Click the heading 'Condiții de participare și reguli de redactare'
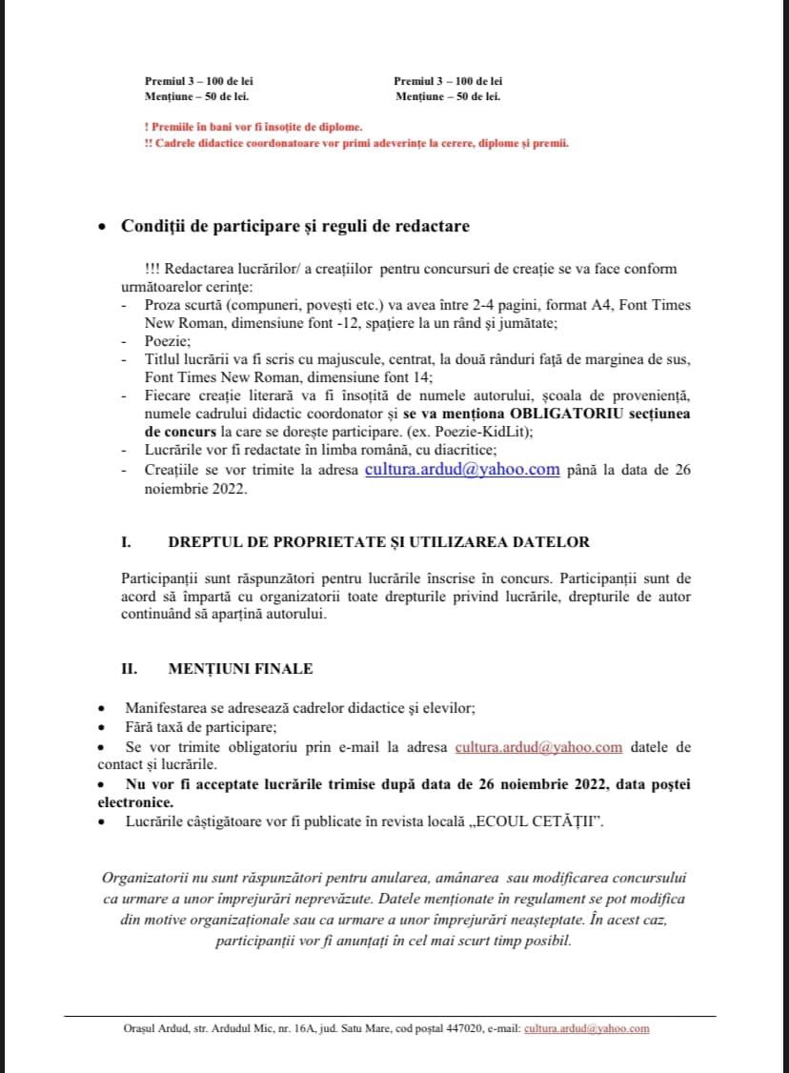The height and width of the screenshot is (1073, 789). pyautogui.click(x=294, y=226)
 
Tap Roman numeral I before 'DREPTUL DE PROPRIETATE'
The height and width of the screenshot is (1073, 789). pyautogui.click(x=125, y=542)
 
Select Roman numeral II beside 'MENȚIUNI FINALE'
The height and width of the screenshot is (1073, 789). pyautogui.click(x=128, y=669)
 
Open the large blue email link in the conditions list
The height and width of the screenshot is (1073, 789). pyautogui.click(x=462, y=469)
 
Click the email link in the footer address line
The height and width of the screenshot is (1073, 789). pyautogui.click(x=586, y=1028)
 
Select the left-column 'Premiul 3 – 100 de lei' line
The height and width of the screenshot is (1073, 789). pyautogui.click(x=198, y=81)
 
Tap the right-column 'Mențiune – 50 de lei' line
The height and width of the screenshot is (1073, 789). pyautogui.click(x=448, y=96)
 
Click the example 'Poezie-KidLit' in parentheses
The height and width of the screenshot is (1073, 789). pyautogui.click(x=473, y=432)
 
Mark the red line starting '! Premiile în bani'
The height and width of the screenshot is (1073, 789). pyautogui.click(x=252, y=127)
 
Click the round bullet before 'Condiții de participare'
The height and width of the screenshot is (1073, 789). pyautogui.click(x=103, y=228)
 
